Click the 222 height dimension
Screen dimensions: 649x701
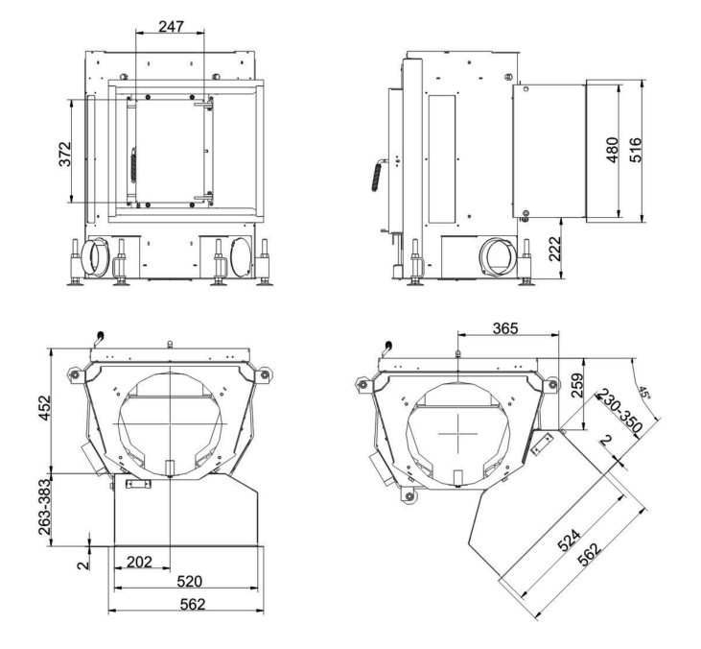pos(553,252)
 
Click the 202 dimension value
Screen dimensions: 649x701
pos(141,563)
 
